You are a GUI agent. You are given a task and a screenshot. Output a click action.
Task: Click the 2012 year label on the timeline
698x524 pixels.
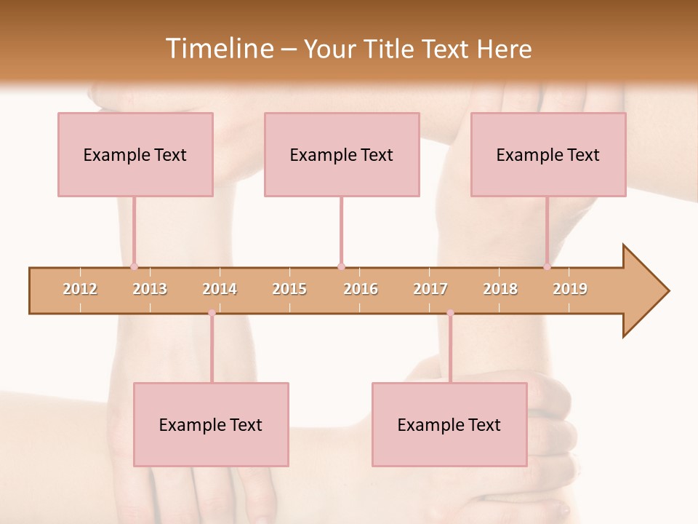(x=80, y=289)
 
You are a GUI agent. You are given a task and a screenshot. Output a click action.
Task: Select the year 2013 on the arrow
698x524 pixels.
(x=150, y=289)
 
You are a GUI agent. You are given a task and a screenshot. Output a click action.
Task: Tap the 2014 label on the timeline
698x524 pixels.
(x=220, y=289)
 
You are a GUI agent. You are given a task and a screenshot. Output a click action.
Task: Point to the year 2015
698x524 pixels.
(x=289, y=289)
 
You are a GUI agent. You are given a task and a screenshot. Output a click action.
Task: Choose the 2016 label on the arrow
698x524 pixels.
(x=361, y=289)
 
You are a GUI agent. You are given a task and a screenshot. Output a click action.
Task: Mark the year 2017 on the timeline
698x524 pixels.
(x=430, y=289)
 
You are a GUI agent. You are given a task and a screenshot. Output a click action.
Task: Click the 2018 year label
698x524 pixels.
(x=500, y=289)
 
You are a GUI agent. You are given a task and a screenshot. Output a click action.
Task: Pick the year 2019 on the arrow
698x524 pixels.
(x=570, y=289)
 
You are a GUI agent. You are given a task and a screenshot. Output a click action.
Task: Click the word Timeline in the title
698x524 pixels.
(x=218, y=49)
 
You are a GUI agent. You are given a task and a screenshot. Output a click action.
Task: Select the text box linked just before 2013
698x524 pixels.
(x=135, y=154)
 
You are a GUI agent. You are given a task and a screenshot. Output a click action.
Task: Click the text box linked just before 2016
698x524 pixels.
(x=342, y=154)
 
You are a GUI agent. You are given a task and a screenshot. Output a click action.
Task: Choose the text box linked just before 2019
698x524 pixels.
(x=548, y=154)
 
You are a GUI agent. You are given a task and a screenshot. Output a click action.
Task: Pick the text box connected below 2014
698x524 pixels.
(x=211, y=424)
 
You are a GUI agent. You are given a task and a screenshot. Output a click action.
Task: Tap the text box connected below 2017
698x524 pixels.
(x=449, y=424)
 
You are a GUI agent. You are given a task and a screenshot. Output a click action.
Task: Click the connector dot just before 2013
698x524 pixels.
(x=134, y=267)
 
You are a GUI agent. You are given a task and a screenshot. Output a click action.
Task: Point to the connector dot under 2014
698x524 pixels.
(x=212, y=313)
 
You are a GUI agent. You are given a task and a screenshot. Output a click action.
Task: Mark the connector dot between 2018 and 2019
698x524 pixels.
(x=547, y=267)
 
